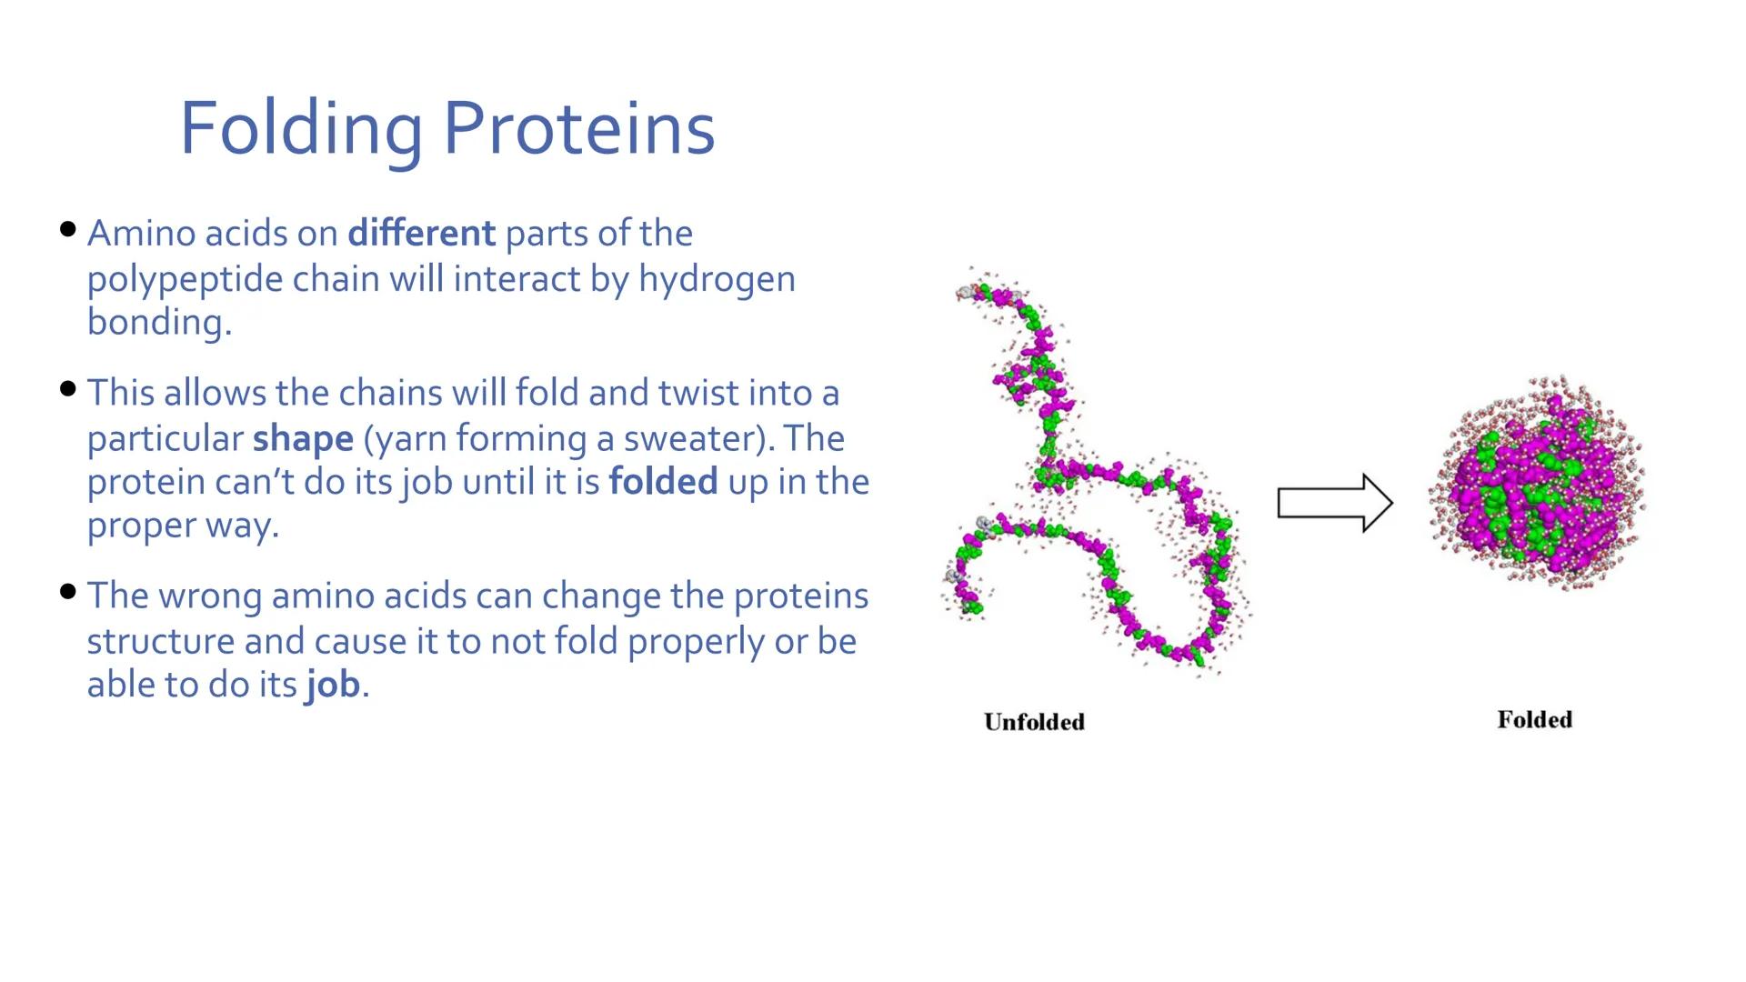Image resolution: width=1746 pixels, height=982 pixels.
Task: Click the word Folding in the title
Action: coord(300,129)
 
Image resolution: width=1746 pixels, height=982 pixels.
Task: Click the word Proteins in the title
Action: coord(579,129)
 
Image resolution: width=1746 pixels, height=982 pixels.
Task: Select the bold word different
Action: coord(421,234)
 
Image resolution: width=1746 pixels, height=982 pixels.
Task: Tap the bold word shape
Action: coord(302,439)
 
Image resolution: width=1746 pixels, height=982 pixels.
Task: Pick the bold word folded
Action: coord(663,482)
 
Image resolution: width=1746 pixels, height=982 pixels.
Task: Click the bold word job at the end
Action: coord(333,685)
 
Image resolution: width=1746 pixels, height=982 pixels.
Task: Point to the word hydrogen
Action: coord(717,279)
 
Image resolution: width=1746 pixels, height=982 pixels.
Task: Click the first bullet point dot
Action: coord(67,229)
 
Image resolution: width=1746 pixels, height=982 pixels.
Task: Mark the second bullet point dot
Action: coord(67,389)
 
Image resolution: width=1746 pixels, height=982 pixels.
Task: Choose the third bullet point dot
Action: coord(67,592)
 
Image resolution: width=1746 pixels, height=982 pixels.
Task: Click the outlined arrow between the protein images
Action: coord(1334,503)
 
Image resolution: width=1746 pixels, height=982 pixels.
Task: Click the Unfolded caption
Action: coord(1034,722)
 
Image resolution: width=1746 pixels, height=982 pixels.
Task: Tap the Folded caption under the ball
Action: coord(1534,720)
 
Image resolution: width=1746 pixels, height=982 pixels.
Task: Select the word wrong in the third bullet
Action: coord(213,596)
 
